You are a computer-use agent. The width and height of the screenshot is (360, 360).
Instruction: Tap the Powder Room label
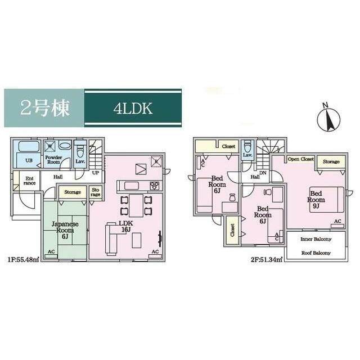tap(54, 160)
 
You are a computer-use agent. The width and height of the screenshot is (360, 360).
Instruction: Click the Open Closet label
tap(301, 160)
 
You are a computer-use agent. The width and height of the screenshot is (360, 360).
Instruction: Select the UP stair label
tap(96, 173)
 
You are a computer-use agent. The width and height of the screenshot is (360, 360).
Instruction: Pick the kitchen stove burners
tap(154, 185)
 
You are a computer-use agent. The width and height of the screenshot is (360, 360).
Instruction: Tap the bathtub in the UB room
tap(29, 147)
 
